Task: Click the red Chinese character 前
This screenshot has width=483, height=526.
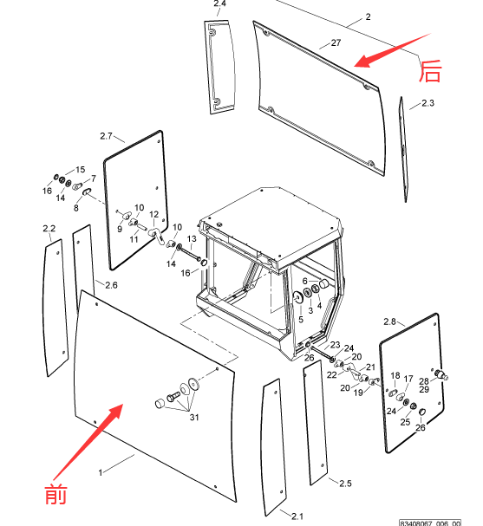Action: [55, 494]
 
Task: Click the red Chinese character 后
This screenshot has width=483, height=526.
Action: [430, 71]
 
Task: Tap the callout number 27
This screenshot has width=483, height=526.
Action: [336, 43]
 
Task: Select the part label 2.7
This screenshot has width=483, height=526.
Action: [106, 136]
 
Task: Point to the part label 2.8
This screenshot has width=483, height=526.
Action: [389, 321]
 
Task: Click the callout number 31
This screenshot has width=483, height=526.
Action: [194, 418]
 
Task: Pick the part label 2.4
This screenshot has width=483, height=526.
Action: [219, 3]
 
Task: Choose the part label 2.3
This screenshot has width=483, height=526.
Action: [428, 103]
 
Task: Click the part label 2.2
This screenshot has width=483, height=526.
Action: [49, 229]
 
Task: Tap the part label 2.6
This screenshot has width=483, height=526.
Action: [111, 285]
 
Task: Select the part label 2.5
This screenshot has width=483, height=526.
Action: [345, 484]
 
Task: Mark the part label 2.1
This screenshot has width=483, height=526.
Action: [297, 516]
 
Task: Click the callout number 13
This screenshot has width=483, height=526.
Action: [192, 239]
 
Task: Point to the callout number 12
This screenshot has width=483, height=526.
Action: [153, 214]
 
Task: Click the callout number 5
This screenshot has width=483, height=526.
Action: [301, 320]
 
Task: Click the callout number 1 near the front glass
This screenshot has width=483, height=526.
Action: [101, 472]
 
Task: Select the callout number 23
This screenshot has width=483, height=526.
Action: [335, 345]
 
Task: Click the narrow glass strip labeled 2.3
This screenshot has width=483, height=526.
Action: [403, 150]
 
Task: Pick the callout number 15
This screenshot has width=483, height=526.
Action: [81, 169]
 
